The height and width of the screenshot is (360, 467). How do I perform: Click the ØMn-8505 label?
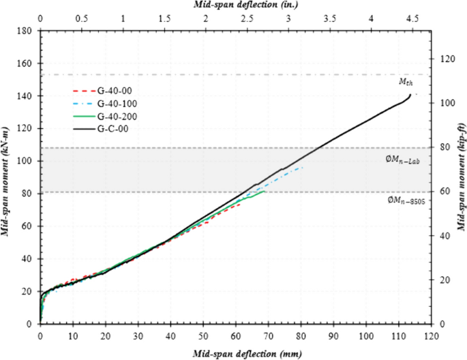[402, 200]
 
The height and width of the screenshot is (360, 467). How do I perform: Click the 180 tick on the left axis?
[25, 31]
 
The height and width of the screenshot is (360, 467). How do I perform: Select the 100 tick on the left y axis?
[25, 161]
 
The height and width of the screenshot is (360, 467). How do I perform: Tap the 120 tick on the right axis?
[446, 59]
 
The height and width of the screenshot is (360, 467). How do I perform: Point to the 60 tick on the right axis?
[444, 192]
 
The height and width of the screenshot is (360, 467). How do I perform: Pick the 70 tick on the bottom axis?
[269, 337]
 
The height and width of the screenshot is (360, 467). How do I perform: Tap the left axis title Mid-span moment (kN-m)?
[7, 178]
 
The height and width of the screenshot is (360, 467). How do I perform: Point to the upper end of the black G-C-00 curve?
[410, 94]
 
